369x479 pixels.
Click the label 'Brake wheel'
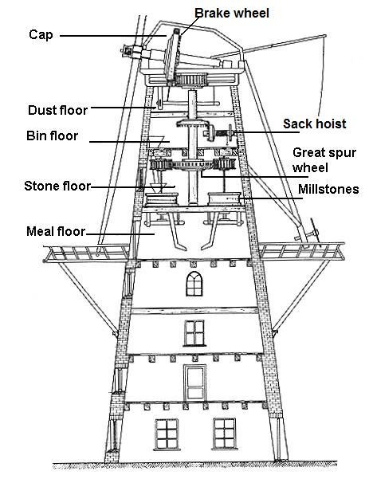coord(232,13)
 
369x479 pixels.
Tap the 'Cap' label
coord(41,35)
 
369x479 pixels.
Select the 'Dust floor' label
coord(57,110)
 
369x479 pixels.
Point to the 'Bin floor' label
coord(53,135)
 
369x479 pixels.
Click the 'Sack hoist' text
coord(314,124)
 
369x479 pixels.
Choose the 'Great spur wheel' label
coord(324,159)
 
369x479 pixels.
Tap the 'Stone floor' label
coord(57,186)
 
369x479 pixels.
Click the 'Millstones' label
coord(328,189)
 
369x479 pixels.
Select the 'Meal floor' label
coord(56,231)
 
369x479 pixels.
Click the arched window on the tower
coord(194,284)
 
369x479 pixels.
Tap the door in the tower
coord(195,383)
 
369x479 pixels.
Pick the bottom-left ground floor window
coord(167,434)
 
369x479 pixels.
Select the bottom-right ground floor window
coord(225,434)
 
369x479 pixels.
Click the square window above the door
coord(194,333)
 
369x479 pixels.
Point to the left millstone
coord(162,199)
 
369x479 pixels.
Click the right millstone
coord(224,198)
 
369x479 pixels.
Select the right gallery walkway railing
coord(302,251)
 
